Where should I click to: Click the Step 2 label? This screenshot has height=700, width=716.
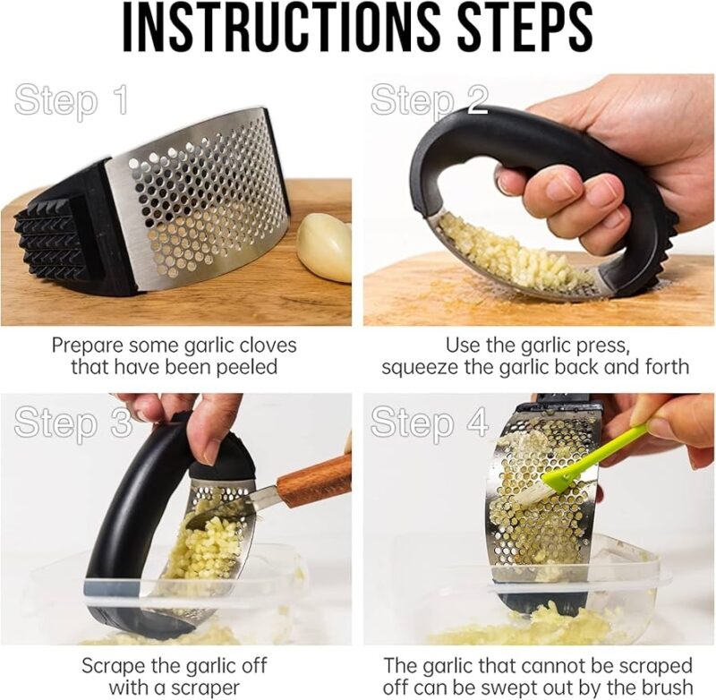[x=430, y=100]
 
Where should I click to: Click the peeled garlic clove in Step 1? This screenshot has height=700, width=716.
[x=324, y=245]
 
